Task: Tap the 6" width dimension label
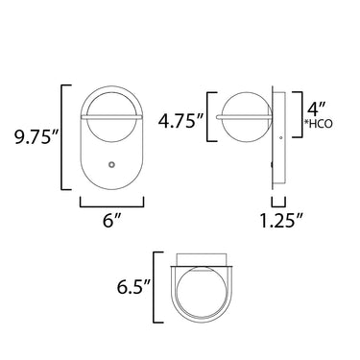coord(111,221)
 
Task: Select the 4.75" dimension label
coord(181,121)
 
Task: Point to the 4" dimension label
coord(317,108)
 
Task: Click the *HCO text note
coord(320,124)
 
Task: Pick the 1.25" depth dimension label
coord(281,221)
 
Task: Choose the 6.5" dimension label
coord(133,287)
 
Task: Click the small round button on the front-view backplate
coord(111,164)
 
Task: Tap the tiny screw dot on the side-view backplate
coord(280,138)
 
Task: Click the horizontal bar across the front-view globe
coord(111,116)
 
